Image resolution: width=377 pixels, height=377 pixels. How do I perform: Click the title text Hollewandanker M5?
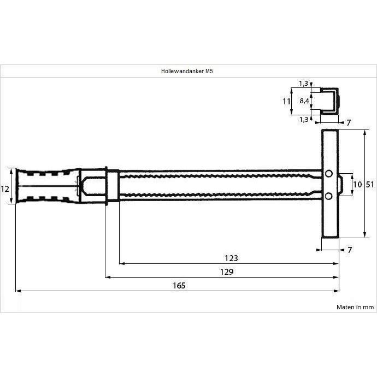click(187, 71)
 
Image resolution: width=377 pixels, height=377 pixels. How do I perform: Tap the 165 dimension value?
click(179, 286)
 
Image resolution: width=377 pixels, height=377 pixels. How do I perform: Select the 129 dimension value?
click(227, 272)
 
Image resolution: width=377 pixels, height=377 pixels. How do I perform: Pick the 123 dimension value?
click(231, 258)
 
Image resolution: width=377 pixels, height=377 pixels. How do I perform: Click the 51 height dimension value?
click(370, 185)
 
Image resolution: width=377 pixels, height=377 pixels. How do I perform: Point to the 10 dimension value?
click(357, 185)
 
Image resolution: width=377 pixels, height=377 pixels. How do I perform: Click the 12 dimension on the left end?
click(4, 188)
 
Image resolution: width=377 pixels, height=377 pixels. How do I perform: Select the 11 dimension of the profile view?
click(286, 102)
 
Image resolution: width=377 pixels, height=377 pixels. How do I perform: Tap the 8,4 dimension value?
click(304, 101)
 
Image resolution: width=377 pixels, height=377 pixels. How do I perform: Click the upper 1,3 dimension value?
click(303, 84)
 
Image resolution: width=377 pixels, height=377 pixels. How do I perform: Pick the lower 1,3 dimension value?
click(304, 120)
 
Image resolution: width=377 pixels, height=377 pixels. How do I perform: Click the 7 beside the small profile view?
click(349, 123)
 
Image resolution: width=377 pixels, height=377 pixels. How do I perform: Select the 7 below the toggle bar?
click(350, 250)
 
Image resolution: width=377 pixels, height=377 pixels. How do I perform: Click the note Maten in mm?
click(355, 307)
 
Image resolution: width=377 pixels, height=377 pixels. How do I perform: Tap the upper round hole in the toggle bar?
click(329, 173)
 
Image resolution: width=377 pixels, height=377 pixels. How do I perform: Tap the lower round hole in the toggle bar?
click(329, 197)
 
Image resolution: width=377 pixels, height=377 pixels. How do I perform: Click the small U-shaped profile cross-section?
click(329, 101)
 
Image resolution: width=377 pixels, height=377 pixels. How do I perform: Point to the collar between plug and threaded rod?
click(113, 186)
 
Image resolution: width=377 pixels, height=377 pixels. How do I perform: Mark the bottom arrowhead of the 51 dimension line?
click(365, 235)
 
